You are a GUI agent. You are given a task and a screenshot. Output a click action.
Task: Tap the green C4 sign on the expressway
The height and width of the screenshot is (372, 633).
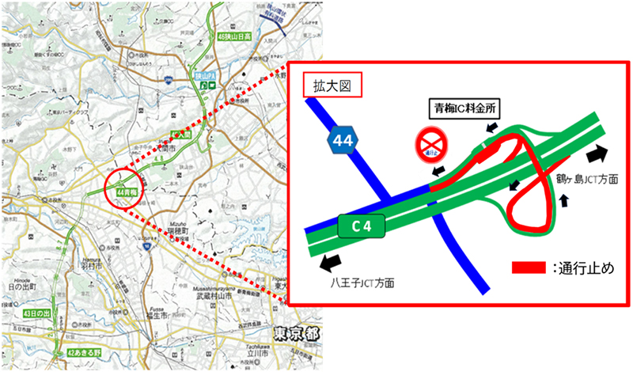pos(362,226)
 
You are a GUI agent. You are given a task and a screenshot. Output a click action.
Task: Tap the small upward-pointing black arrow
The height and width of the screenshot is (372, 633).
pos(563,201)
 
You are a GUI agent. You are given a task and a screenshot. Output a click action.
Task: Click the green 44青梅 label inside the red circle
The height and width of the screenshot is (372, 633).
pos(127,192)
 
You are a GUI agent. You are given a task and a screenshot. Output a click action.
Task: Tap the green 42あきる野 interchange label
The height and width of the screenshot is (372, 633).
pos(82,352)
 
